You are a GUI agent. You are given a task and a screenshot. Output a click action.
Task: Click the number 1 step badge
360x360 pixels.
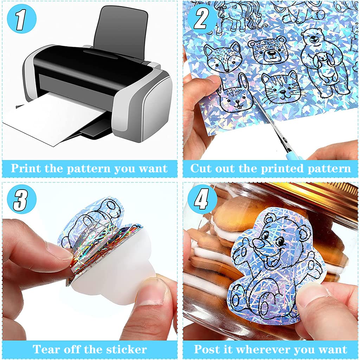pyautogui.click(x=21, y=19)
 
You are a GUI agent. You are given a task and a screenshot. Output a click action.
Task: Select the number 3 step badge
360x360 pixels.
pyautogui.click(x=21, y=199)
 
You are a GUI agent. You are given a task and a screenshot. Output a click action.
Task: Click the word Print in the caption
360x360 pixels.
pyautogui.click(x=26, y=168)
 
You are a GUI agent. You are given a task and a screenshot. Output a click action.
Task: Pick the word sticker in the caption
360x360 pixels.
pyautogui.click(x=127, y=349)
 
